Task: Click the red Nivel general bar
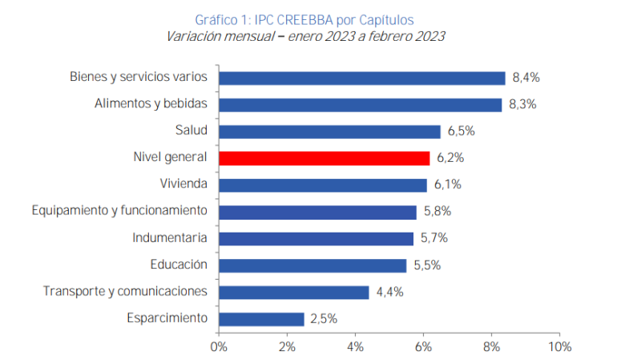tap(324, 158)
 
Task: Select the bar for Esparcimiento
tap(261, 318)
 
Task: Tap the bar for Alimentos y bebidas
tap(360, 104)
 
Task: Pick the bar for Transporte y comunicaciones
tap(293, 292)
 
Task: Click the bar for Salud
tap(329, 131)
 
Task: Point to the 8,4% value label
tap(526, 78)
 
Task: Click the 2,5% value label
tap(324, 318)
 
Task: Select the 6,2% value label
tap(450, 158)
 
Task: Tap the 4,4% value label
tap(389, 292)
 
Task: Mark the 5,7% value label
tap(433, 238)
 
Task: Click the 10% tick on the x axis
tap(560, 347)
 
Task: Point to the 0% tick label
tap(219, 347)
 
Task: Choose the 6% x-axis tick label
tap(424, 347)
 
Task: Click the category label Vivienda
tap(183, 184)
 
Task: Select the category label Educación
tap(179, 265)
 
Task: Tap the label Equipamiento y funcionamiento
tap(120, 211)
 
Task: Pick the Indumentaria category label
tap(170, 238)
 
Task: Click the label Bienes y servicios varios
tap(139, 77)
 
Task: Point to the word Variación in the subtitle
tap(192, 36)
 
